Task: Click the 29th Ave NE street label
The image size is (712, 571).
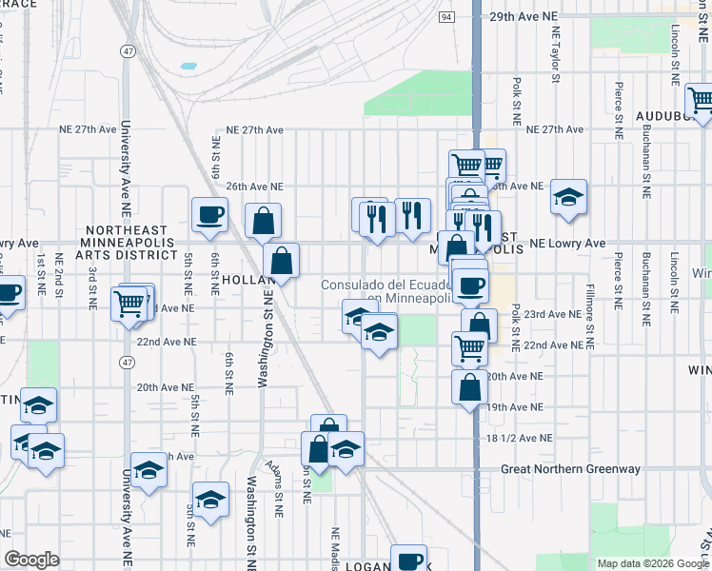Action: point(523,16)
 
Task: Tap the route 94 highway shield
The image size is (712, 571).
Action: point(447,17)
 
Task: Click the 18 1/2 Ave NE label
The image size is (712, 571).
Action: point(519,438)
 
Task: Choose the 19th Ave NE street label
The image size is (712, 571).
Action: point(518,406)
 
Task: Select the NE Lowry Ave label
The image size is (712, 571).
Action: point(569,244)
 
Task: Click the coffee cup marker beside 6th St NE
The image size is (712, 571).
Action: point(209,214)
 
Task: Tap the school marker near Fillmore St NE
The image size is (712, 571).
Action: point(568,197)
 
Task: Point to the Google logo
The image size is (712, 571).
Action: point(31,560)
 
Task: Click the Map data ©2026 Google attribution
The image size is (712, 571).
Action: point(653,563)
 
